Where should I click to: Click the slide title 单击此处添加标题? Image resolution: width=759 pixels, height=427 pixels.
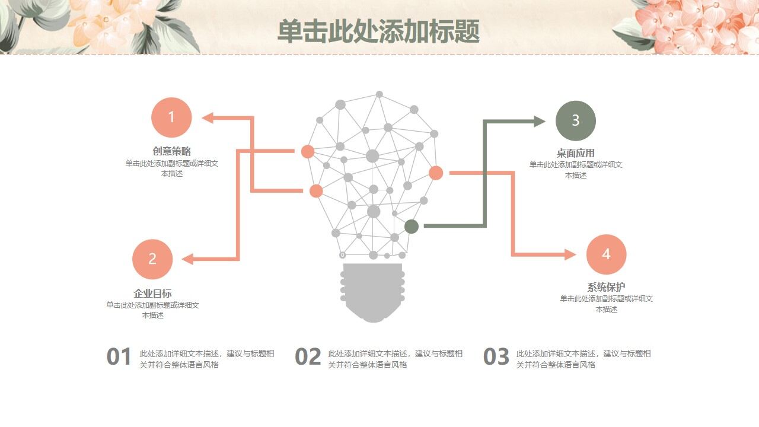pos(378,31)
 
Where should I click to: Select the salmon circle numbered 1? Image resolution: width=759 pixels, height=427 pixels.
pos(171,117)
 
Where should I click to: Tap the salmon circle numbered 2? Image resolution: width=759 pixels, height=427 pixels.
pos(152,259)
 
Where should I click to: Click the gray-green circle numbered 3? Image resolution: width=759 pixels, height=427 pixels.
pos(575,121)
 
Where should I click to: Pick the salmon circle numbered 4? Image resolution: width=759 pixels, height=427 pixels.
pos(606,254)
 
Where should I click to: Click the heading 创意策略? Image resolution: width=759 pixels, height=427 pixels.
pos(171,151)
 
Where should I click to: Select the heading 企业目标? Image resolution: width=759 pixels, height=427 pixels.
pos(152,293)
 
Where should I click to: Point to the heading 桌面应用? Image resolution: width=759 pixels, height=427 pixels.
pos(575,153)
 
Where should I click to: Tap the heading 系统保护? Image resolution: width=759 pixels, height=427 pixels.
pos(606,287)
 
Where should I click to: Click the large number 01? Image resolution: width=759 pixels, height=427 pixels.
pos(119,357)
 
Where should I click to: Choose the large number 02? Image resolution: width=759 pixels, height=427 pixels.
pos(308,357)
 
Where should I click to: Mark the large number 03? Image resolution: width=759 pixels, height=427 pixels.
pos(496,357)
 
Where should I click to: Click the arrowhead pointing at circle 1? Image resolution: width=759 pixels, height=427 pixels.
pos(208,118)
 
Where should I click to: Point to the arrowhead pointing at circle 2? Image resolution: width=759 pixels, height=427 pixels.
pos(187,259)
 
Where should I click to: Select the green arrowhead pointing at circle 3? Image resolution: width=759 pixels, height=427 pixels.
pos(539,122)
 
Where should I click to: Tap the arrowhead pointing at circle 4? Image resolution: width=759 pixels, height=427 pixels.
pos(570,255)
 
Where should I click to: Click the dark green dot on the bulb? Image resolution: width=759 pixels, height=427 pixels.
pos(412,226)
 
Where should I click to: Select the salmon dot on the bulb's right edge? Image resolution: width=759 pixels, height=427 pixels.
pos(436,173)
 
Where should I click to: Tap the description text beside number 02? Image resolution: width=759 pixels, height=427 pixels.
pos(395,359)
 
